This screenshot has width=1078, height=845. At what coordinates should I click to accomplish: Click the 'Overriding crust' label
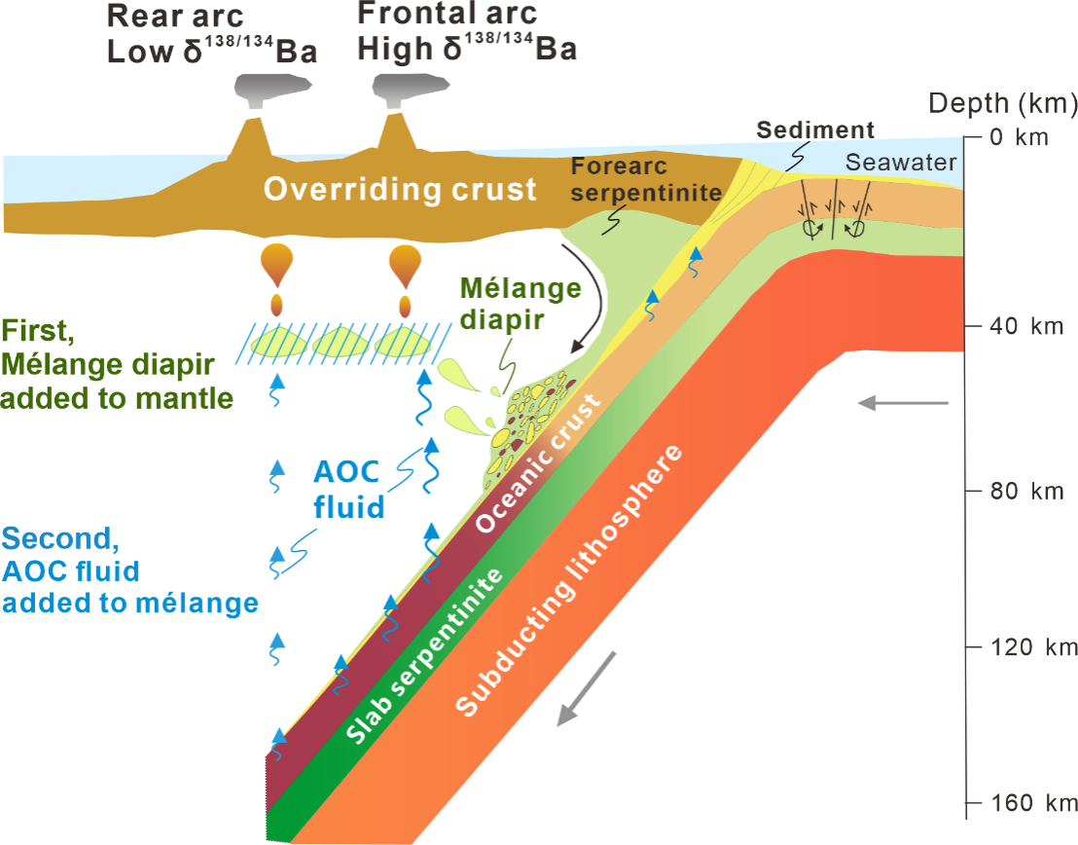(x=400, y=189)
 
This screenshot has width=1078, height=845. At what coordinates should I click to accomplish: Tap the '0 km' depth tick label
(x=1019, y=136)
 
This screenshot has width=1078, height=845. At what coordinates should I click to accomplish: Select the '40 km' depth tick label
(x=1019, y=325)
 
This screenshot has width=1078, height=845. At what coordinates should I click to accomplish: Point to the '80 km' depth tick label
(x=1019, y=491)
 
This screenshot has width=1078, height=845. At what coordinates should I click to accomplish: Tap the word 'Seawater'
(x=901, y=163)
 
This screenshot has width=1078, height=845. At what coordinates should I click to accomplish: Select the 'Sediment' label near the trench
(x=815, y=129)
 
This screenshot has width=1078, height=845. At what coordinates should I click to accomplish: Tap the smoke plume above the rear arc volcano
(x=261, y=92)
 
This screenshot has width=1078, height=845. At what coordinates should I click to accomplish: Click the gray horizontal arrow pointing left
(x=901, y=402)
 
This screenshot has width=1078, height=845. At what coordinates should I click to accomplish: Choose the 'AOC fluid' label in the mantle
(x=347, y=491)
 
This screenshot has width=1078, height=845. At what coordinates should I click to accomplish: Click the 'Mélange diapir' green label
(x=520, y=303)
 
